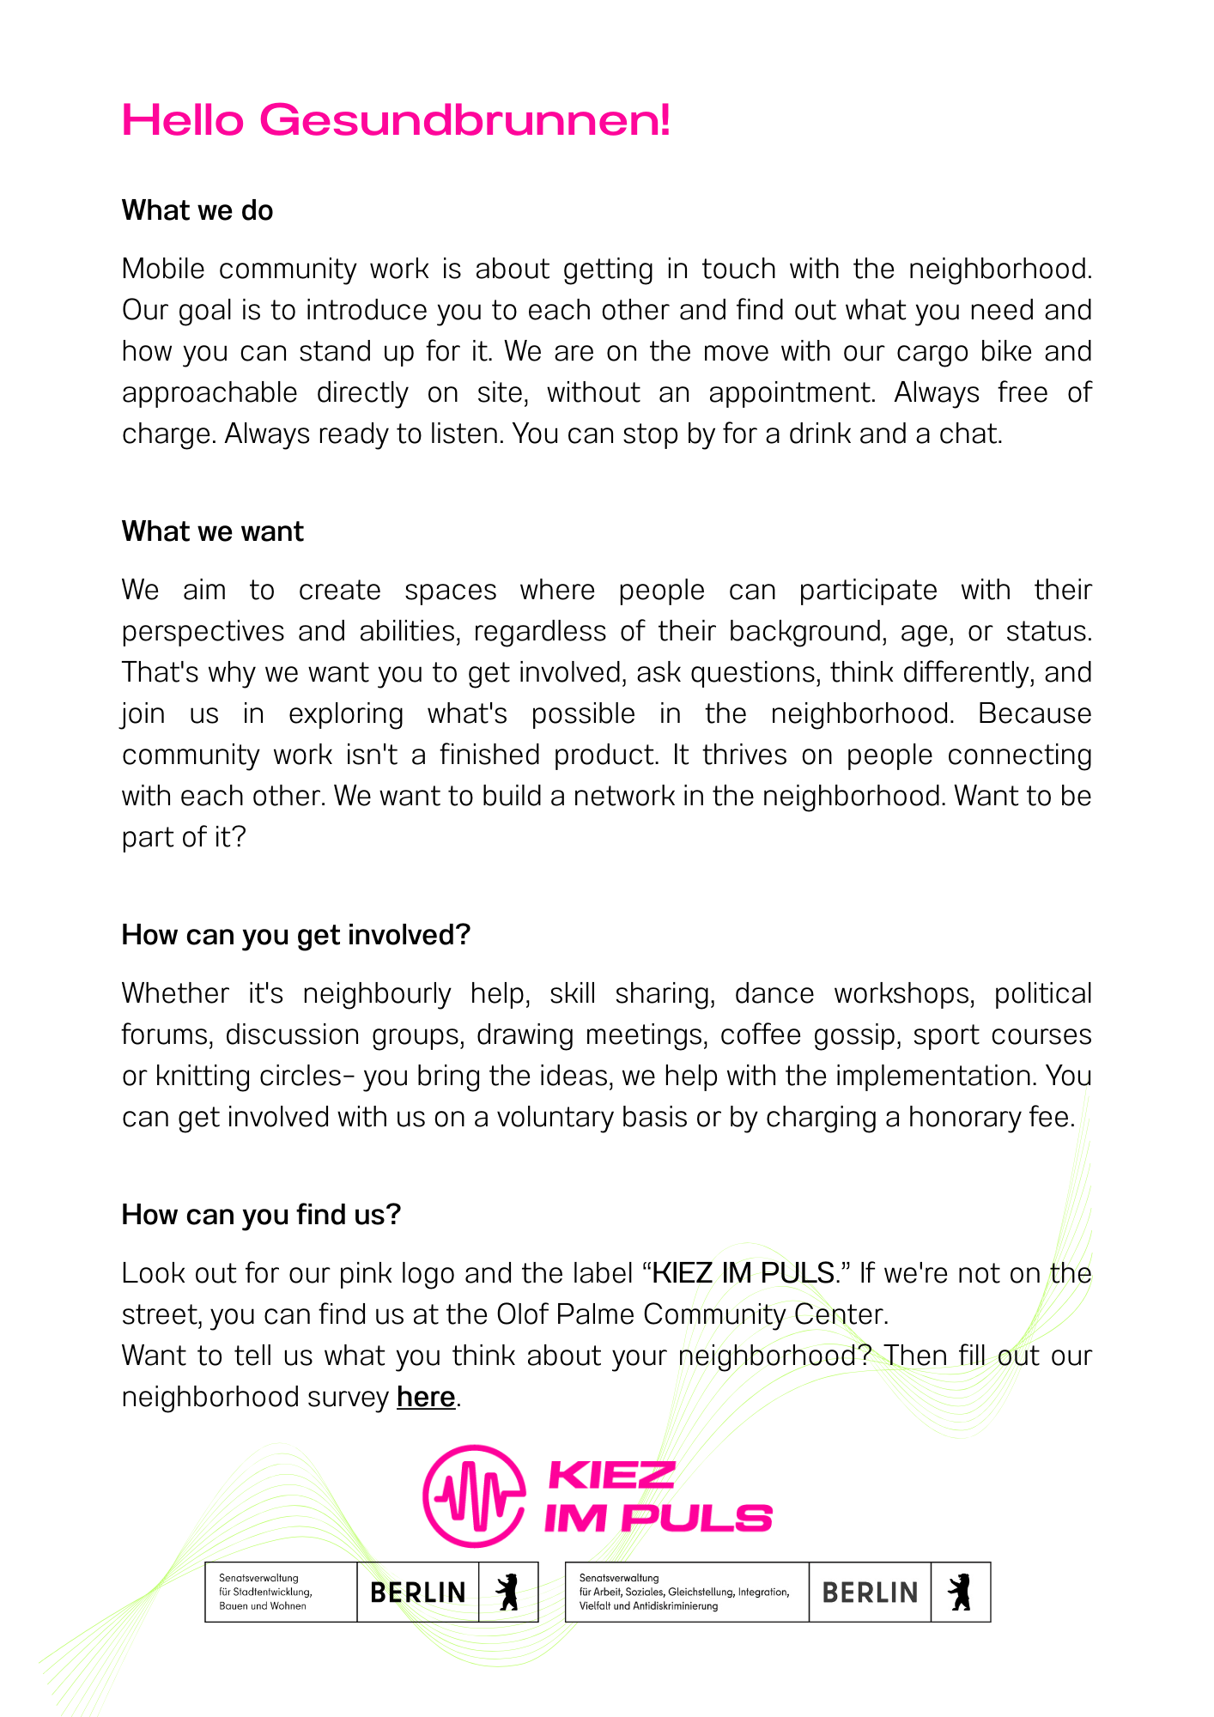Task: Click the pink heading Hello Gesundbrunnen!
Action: [x=396, y=120]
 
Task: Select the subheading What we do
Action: [x=197, y=210]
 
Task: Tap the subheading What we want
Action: [x=213, y=531]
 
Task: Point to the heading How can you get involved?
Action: [x=296, y=935]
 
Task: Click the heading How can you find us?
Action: [x=261, y=1215]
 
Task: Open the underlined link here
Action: [x=426, y=1397]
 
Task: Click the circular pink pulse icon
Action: [x=474, y=1496]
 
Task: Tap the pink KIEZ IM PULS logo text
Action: [x=658, y=1497]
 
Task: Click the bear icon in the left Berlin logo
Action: [x=508, y=1593]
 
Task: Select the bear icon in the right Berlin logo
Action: [x=961, y=1593]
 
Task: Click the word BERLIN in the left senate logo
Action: [x=418, y=1593]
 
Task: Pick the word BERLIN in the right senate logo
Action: [x=870, y=1593]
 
